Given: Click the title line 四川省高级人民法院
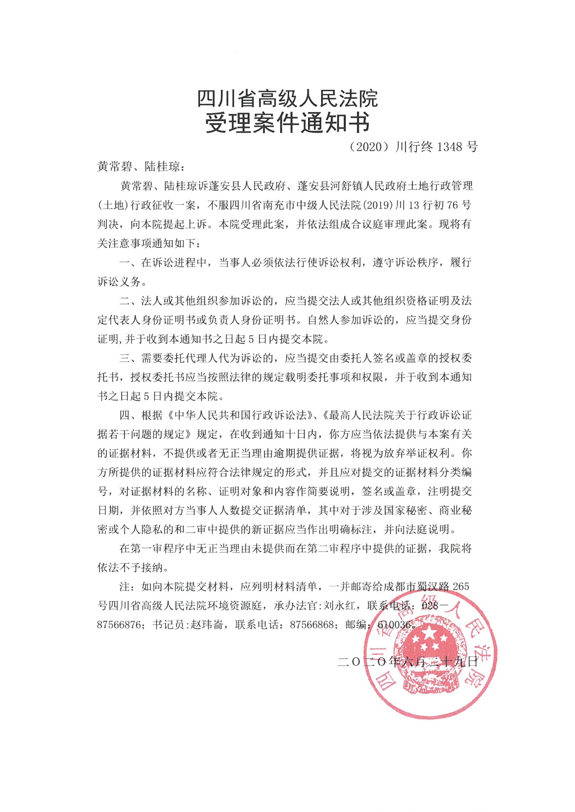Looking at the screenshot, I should (287, 99).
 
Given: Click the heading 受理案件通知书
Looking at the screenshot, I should (287, 122).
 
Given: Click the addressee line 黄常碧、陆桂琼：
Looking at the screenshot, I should (141, 167).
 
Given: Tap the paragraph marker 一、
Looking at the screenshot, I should (128, 263).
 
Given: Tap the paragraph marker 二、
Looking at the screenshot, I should (128, 301).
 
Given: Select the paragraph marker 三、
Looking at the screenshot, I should (128, 358).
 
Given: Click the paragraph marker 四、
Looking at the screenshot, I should (128, 415).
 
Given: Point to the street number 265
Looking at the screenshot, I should (460, 586).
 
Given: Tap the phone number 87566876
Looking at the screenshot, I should (119, 624).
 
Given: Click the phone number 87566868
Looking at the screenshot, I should (312, 624).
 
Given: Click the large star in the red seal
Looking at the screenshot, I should (429, 635).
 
